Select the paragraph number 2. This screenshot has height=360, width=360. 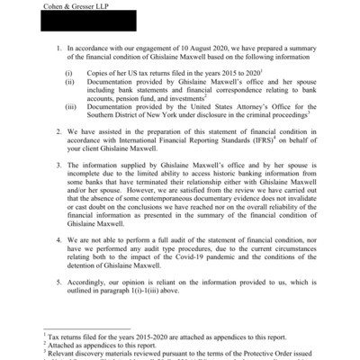coord(59,131)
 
